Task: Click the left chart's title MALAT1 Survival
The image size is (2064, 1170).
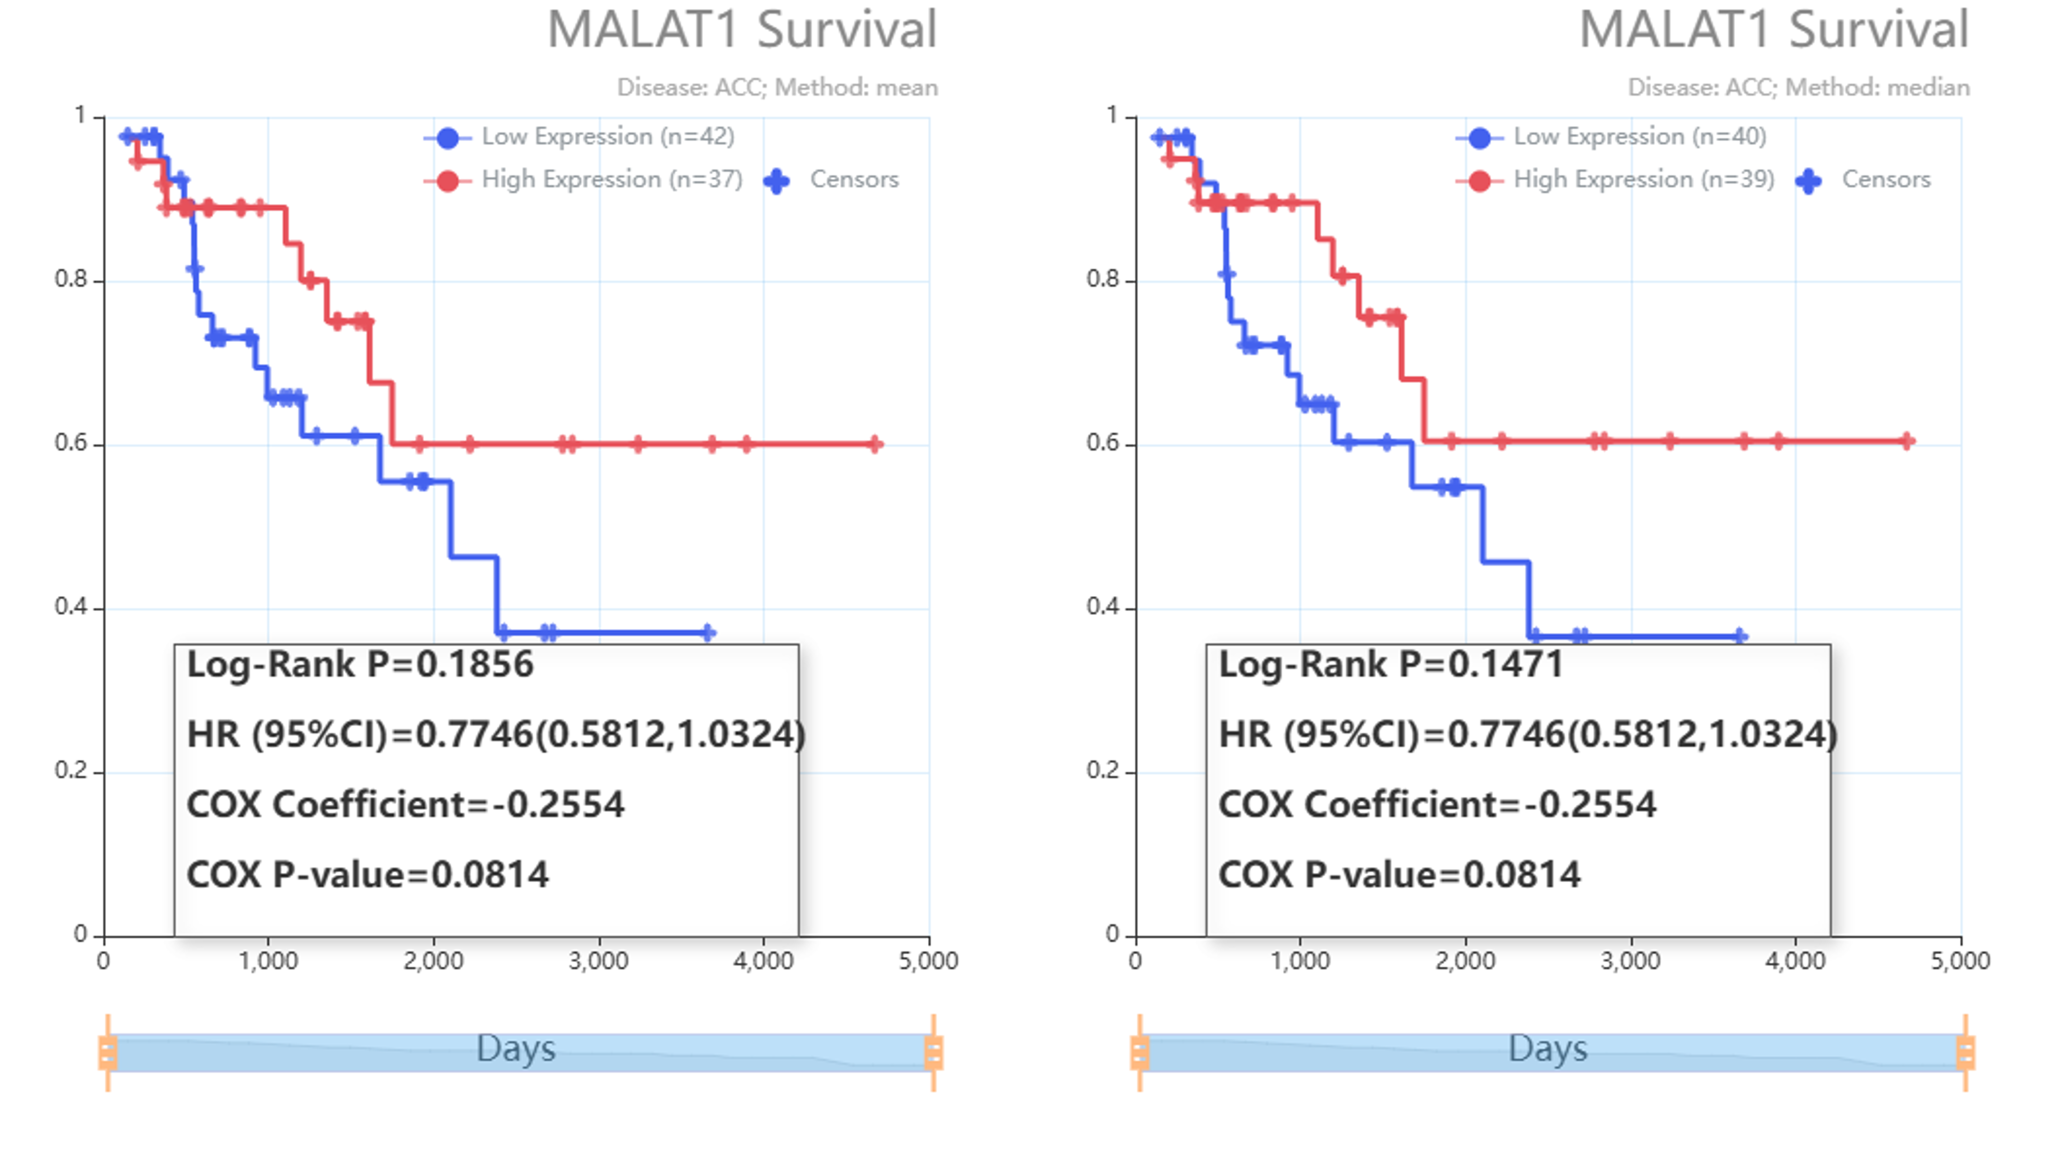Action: click(741, 30)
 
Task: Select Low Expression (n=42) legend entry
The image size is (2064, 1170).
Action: click(607, 136)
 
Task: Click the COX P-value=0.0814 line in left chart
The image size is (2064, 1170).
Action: click(367, 874)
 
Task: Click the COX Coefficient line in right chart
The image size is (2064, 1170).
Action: click(1437, 804)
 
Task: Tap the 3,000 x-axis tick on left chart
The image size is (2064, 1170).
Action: click(598, 960)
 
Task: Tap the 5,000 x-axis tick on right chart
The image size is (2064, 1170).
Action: click(1960, 960)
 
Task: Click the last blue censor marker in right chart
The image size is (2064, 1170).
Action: click(1740, 636)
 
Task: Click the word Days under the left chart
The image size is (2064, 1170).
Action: click(516, 1049)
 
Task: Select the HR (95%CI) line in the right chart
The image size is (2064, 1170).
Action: click(1527, 734)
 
